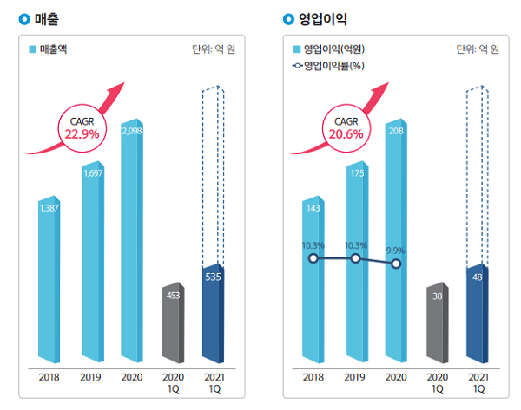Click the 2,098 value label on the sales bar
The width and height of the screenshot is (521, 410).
(x=133, y=131)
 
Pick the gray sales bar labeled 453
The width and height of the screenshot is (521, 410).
(x=174, y=321)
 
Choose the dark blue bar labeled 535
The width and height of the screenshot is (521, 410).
(x=212, y=312)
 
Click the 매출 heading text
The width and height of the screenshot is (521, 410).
(x=49, y=17)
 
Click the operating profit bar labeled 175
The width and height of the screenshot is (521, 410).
(x=356, y=260)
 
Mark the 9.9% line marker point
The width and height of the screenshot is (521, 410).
(x=396, y=264)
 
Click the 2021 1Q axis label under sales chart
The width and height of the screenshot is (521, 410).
(x=213, y=382)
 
